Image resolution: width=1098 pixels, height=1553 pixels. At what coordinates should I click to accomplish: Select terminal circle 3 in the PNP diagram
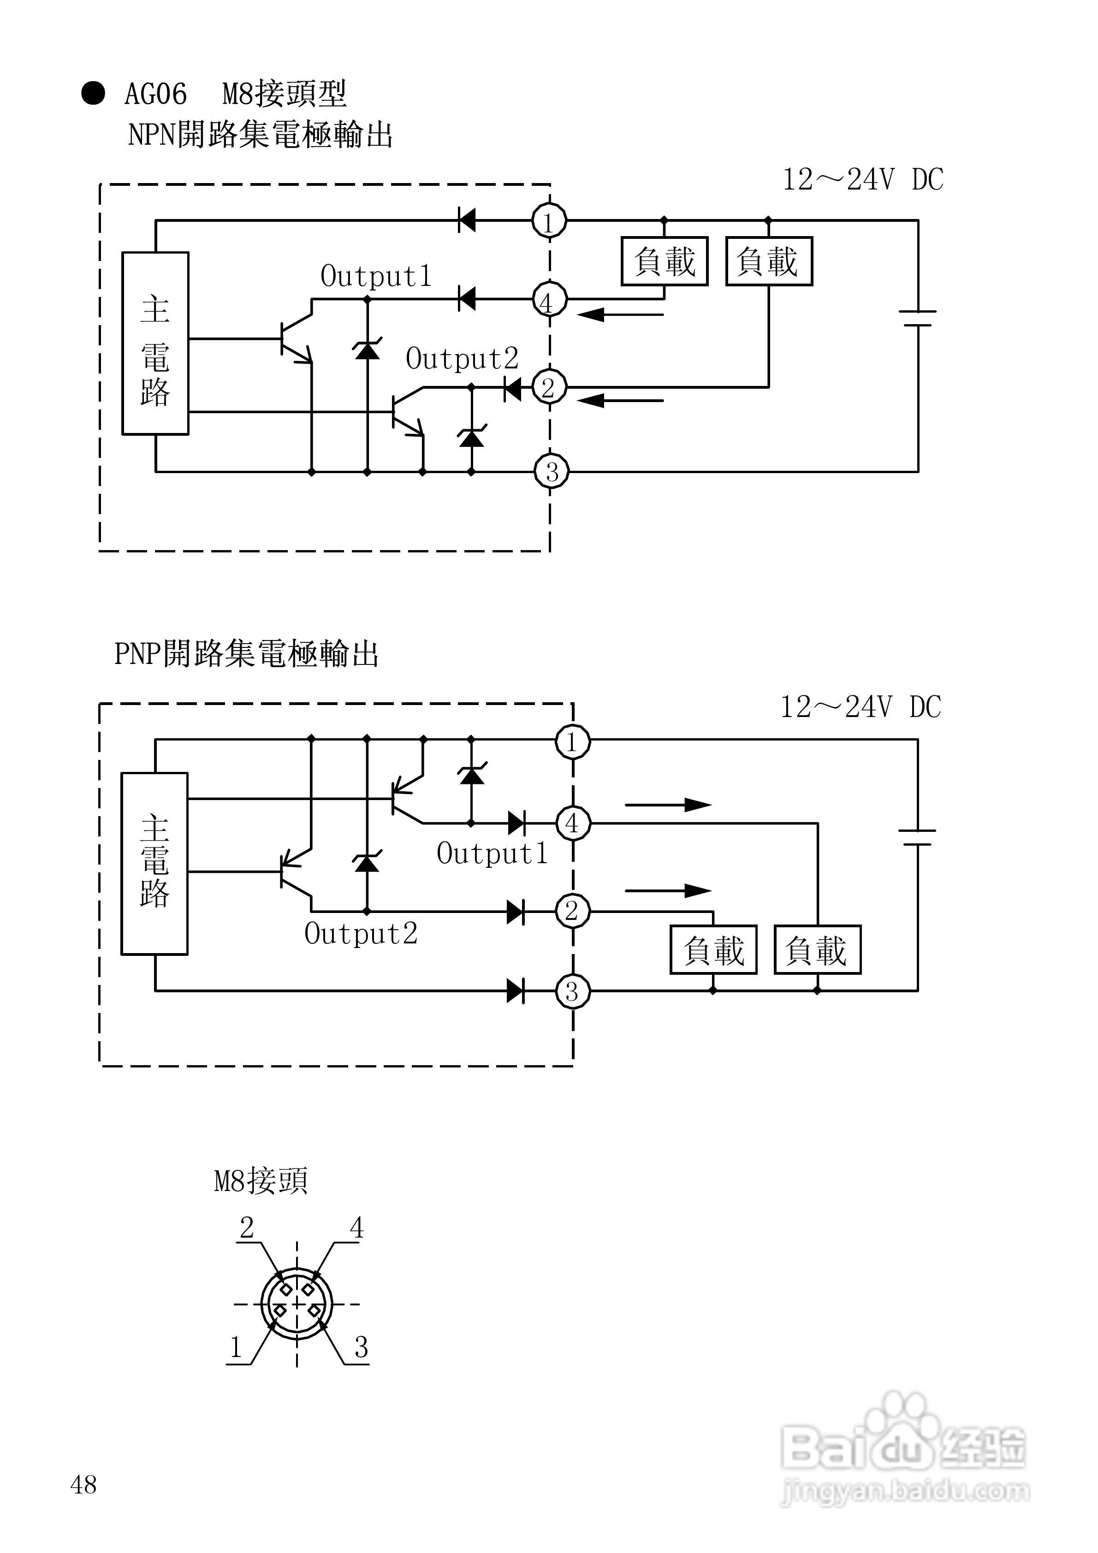pyautogui.click(x=572, y=991)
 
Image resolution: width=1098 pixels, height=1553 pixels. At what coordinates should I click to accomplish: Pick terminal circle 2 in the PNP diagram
pyautogui.click(x=572, y=911)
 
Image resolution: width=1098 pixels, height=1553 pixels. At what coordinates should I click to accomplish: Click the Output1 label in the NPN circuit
pyautogui.click(x=376, y=276)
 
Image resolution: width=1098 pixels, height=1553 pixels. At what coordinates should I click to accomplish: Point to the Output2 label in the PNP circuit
pyautogui.click(x=361, y=934)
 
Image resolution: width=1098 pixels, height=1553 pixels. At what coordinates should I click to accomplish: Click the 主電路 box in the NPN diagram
pyautogui.click(x=155, y=344)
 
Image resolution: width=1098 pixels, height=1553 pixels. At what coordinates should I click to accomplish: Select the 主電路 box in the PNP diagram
pyautogui.click(x=154, y=863)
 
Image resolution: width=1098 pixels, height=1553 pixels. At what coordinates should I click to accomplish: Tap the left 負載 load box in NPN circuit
pyautogui.click(x=665, y=261)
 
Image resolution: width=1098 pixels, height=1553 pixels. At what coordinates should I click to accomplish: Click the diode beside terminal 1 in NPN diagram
pyautogui.click(x=467, y=220)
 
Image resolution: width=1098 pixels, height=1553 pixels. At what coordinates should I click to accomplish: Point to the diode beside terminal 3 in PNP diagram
pyautogui.click(x=516, y=991)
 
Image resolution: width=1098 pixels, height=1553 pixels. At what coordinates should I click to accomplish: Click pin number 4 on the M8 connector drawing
pyautogui.click(x=356, y=1227)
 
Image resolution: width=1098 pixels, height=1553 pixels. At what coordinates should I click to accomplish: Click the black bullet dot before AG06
pyautogui.click(x=93, y=93)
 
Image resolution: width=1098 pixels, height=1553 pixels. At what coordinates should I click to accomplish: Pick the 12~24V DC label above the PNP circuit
pyautogui.click(x=861, y=707)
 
